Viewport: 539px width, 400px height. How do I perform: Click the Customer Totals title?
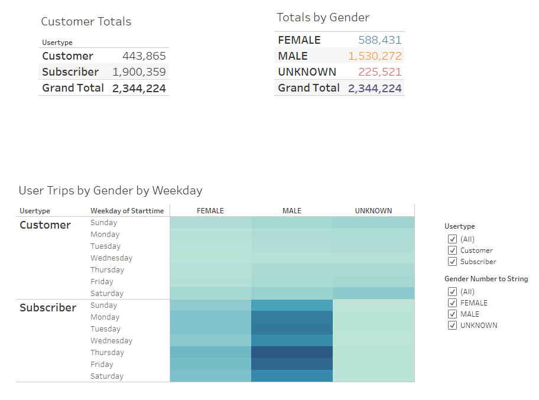tap(86, 22)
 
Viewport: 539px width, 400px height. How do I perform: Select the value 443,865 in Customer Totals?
tap(144, 56)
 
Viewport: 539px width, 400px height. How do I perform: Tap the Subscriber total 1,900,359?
tap(139, 72)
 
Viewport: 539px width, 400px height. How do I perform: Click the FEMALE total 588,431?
tap(379, 40)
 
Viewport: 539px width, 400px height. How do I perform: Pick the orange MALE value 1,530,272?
tap(375, 56)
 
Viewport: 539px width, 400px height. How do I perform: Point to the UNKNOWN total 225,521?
tap(379, 72)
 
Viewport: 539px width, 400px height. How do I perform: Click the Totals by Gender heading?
tap(323, 18)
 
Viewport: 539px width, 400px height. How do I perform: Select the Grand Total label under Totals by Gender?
tap(309, 88)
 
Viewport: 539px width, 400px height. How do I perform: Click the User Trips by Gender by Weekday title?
tap(111, 191)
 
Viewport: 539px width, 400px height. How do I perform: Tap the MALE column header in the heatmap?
tap(292, 211)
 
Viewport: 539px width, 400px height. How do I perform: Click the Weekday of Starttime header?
tap(127, 211)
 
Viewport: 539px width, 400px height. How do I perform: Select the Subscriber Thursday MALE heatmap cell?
tap(292, 353)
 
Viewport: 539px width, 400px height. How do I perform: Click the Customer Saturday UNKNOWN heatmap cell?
tap(374, 294)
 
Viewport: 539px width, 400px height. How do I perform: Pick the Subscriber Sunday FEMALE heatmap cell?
tap(210, 305)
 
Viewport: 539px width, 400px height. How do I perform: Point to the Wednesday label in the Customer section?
tap(111, 258)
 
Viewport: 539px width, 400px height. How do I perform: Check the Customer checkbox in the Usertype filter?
tap(453, 251)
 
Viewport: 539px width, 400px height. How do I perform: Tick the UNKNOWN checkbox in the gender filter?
tap(453, 326)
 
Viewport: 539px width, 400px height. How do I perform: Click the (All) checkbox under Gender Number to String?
tap(453, 292)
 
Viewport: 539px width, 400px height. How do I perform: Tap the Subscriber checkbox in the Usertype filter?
tap(453, 262)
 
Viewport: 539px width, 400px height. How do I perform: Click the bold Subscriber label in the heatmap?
tap(48, 308)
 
